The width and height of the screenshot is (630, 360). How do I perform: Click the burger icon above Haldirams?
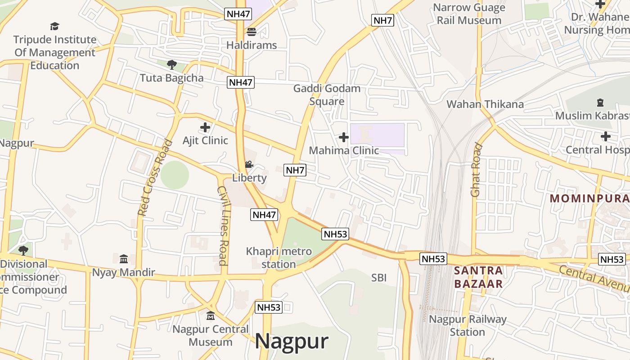pyautogui.click(x=251, y=32)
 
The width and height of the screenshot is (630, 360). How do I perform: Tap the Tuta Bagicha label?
pyautogui.click(x=171, y=78)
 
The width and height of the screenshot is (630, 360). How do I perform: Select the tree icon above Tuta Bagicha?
pyautogui.click(x=171, y=65)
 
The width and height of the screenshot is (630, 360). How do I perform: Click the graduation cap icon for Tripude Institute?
pyautogui.click(x=54, y=27)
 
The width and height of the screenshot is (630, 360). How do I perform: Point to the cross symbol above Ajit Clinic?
pyautogui.click(x=205, y=127)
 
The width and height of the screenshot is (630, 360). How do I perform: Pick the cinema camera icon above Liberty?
pyautogui.click(x=249, y=165)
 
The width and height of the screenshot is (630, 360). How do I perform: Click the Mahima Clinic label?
pyautogui.click(x=344, y=150)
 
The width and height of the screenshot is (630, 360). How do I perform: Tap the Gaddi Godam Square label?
pyautogui.click(x=327, y=95)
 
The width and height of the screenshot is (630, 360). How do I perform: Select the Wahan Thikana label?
pyautogui.click(x=485, y=104)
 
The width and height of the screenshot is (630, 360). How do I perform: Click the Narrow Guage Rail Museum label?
pyautogui.click(x=469, y=14)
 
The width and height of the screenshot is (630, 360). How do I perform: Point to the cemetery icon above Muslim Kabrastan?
pyautogui.click(x=600, y=103)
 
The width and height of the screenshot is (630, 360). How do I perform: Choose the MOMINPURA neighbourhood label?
pyautogui.click(x=589, y=198)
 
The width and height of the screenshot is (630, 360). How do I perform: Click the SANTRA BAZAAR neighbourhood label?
pyautogui.click(x=478, y=277)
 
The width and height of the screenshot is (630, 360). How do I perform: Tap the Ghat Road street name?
pyautogui.click(x=476, y=170)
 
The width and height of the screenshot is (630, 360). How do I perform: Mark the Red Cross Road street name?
pyautogui.click(x=155, y=178)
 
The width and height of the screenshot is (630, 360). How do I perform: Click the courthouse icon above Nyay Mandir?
pyautogui.click(x=124, y=259)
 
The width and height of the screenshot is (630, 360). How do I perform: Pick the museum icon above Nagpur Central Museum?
pyautogui.click(x=210, y=316)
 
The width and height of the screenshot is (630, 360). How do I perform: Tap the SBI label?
pyautogui.click(x=379, y=278)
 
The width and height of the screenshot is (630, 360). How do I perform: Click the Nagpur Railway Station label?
pyautogui.click(x=468, y=326)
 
